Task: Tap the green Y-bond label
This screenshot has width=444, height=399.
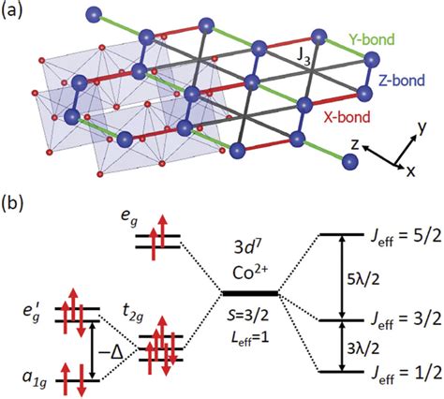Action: (370, 39)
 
